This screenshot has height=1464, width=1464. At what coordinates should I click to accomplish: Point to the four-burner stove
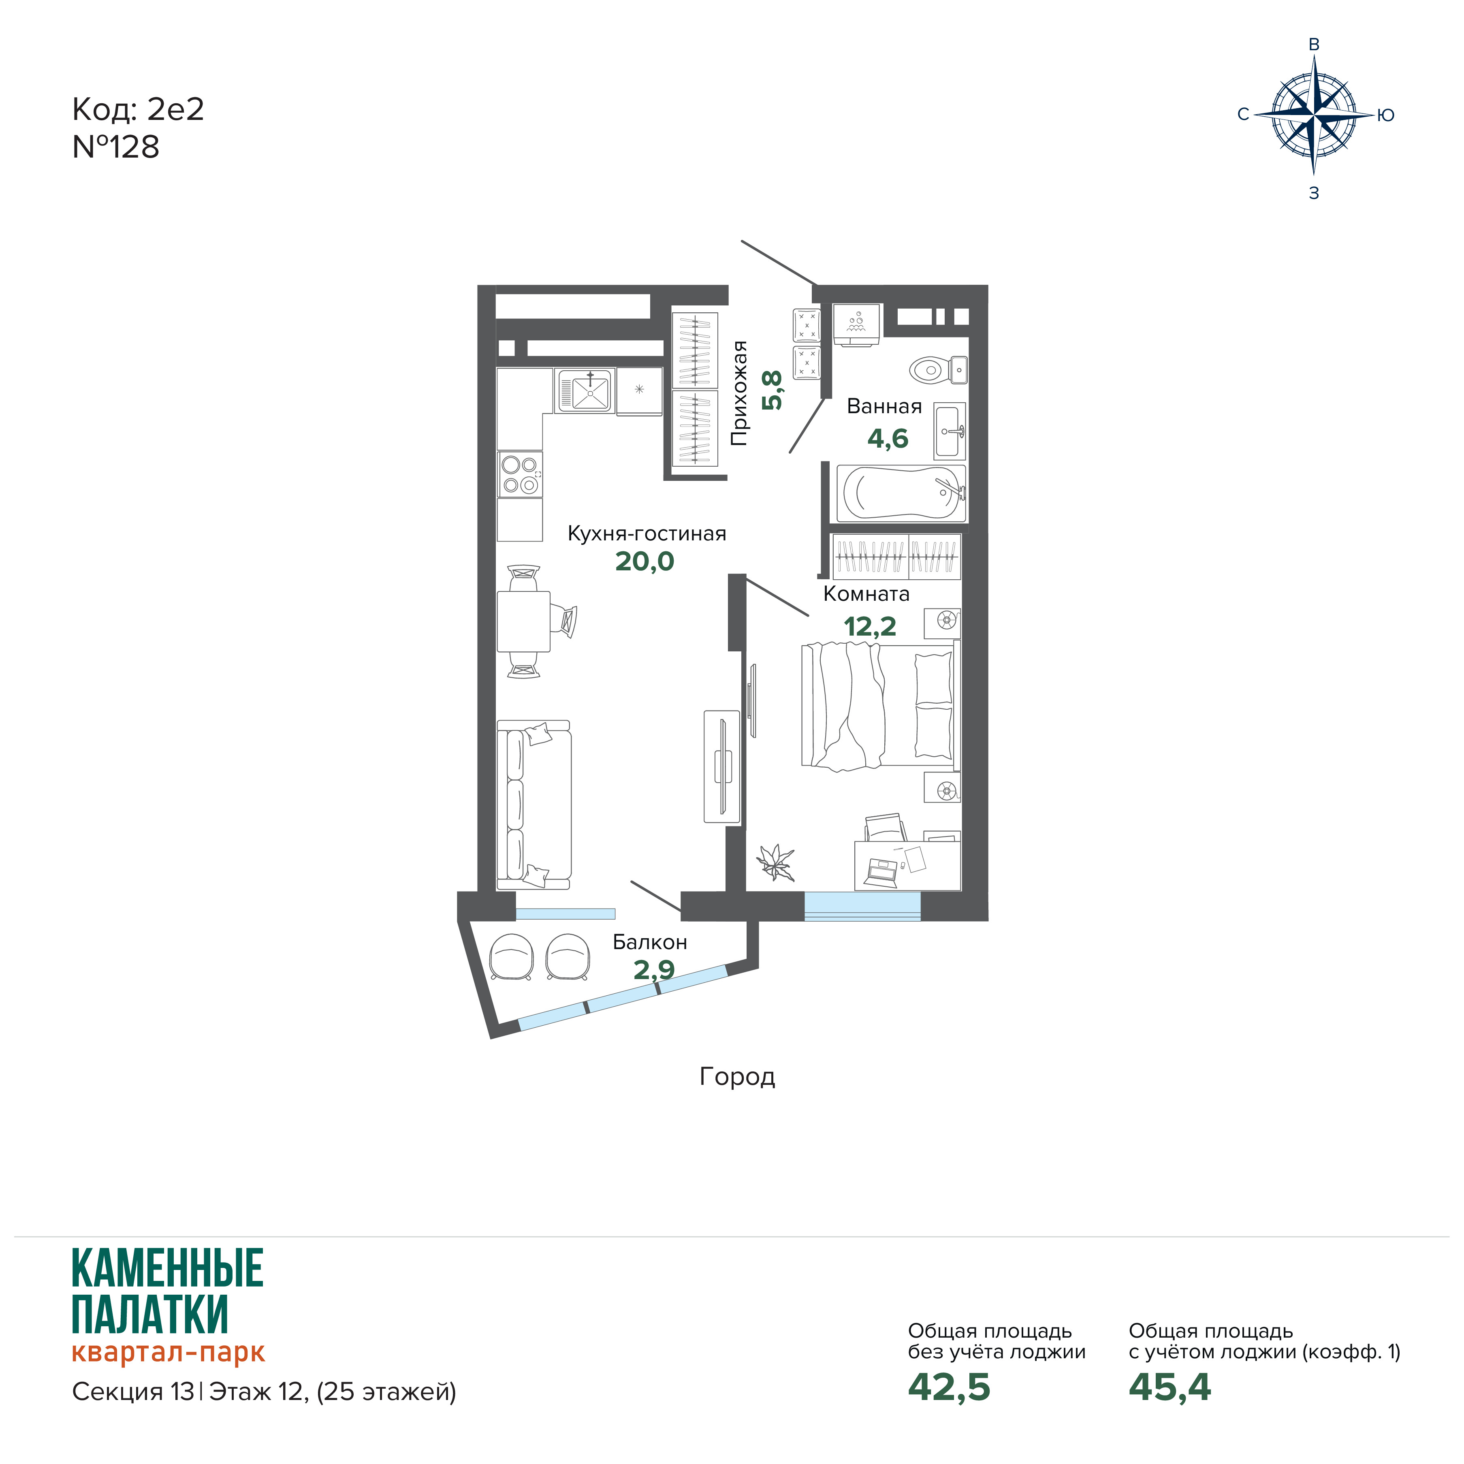point(520,474)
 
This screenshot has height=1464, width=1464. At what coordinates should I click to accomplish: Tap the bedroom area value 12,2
point(870,627)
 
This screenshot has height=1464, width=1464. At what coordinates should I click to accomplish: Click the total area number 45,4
point(1169,1387)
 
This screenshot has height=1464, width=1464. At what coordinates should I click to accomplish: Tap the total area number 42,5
point(949,1387)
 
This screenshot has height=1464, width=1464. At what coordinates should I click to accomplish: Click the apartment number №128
point(116,147)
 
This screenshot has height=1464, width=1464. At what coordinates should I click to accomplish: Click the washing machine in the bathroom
point(856,325)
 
